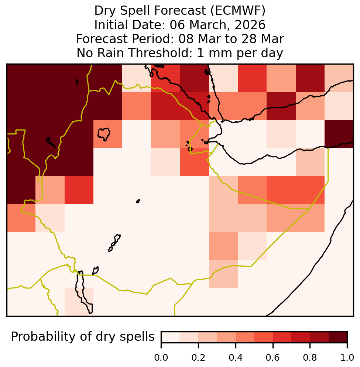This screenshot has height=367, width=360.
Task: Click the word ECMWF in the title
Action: (238, 11)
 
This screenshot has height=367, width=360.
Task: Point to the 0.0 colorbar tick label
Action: (161, 358)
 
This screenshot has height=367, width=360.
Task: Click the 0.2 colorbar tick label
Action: (198, 358)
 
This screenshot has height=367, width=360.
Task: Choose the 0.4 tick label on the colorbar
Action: (236, 358)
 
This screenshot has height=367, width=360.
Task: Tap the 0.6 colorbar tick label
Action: (273, 358)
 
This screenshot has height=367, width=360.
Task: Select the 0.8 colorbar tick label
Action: (310, 358)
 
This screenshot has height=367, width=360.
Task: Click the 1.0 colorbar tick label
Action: (347, 358)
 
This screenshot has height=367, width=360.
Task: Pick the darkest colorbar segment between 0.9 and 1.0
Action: (338, 337)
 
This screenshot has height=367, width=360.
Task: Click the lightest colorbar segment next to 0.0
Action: (171, 337)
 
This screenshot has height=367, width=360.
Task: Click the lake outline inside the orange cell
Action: (104, 134)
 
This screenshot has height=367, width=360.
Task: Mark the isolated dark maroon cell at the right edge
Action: (339, 134)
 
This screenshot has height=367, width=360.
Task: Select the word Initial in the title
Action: (112, 25)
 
